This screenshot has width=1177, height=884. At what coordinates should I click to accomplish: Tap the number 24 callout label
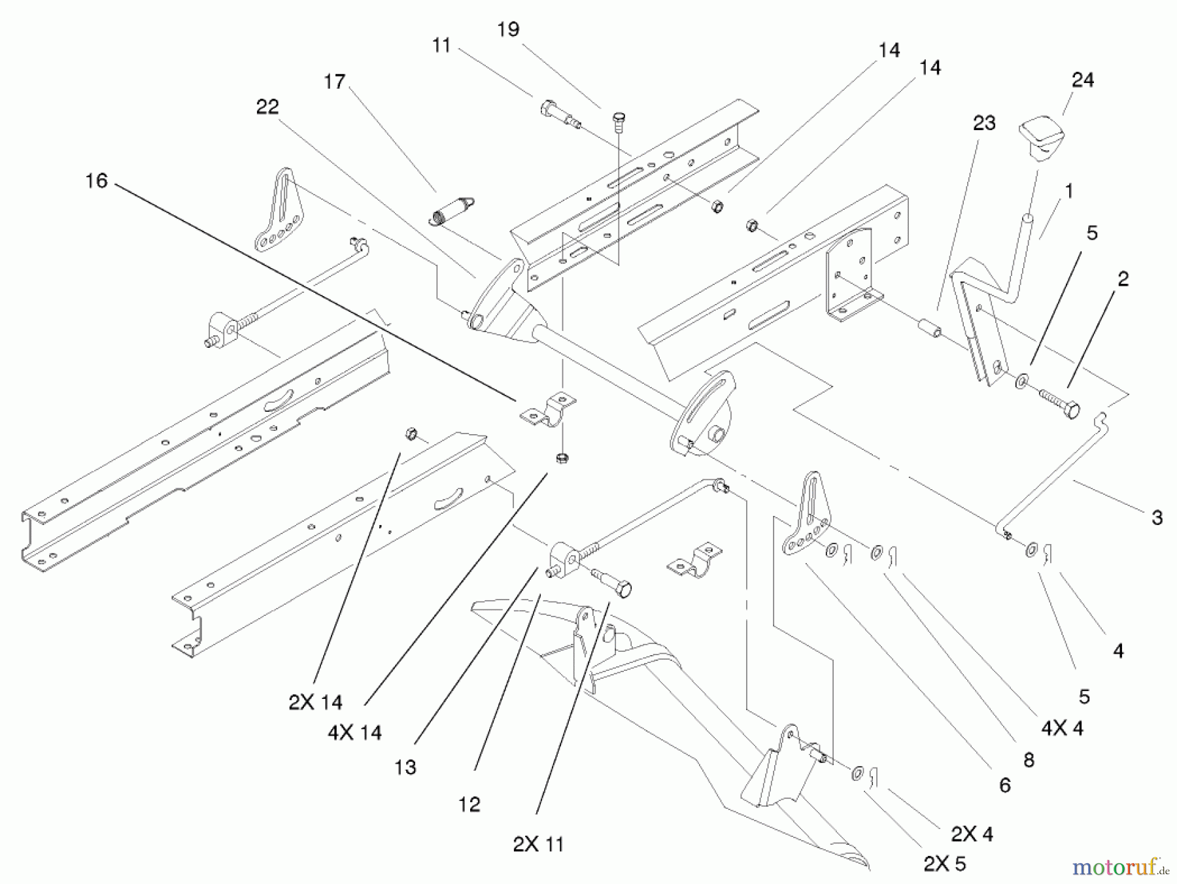[x=1083, y=80]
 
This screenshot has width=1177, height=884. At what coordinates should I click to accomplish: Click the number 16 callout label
[x=96, y=180]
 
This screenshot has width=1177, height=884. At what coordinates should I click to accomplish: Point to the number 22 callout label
[x=267, y=107]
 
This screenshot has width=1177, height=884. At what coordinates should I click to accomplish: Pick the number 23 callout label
[x=984, y=123]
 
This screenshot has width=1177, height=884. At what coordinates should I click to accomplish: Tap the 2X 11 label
[x=538, y=844]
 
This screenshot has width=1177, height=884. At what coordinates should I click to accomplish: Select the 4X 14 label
[x=355, y=732]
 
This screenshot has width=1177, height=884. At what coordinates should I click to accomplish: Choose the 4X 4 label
[x=1062, y=728]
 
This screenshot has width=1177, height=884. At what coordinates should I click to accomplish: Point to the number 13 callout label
[x=405, y=767]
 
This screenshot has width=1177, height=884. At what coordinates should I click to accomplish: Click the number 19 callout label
[x=509, y=29]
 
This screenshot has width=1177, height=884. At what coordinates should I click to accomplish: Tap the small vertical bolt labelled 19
[x=617, y=120]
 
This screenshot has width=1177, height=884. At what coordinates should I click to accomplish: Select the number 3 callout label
[x=1157, y=518]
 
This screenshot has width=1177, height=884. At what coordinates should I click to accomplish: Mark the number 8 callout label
[x=1029, y=760]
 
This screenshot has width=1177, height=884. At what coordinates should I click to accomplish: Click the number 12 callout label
[x=469, y=804]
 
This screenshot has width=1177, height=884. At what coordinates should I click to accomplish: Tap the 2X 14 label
[x=315, y=702]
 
